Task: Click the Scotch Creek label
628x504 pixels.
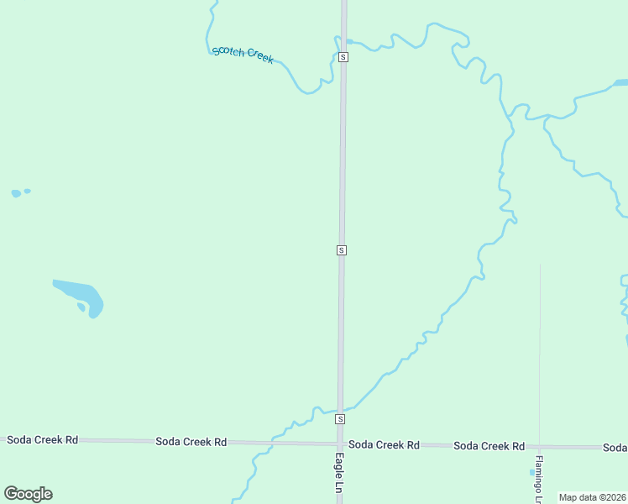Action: (x=243, y=55)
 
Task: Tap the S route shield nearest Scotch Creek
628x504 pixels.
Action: (x=343, y=57)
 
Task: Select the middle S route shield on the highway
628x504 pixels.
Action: (x=341, y=250)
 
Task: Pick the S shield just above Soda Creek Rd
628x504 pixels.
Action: (x=340, y=418)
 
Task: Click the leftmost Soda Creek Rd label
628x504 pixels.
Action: (x=42, y=439)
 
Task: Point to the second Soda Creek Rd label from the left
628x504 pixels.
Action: (x=191, y=441)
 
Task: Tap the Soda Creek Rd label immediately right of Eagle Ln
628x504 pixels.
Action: (x=384, y=444)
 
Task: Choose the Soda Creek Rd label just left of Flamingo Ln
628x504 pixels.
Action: (x=489, y=446)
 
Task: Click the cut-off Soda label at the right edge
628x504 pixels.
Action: (x=615, y=448)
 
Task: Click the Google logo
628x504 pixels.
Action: (x=28, y=494)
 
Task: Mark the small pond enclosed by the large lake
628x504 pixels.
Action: (x=81, y=307)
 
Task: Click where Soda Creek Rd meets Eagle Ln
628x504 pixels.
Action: (x=340, y=444)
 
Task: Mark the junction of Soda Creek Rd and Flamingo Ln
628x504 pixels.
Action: (x=539, y=447)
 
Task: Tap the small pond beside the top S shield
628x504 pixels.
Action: (x=348, y=41)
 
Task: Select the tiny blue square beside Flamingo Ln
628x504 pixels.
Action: (x=531, y=472)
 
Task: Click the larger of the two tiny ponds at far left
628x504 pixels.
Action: (x=16, y=193)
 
